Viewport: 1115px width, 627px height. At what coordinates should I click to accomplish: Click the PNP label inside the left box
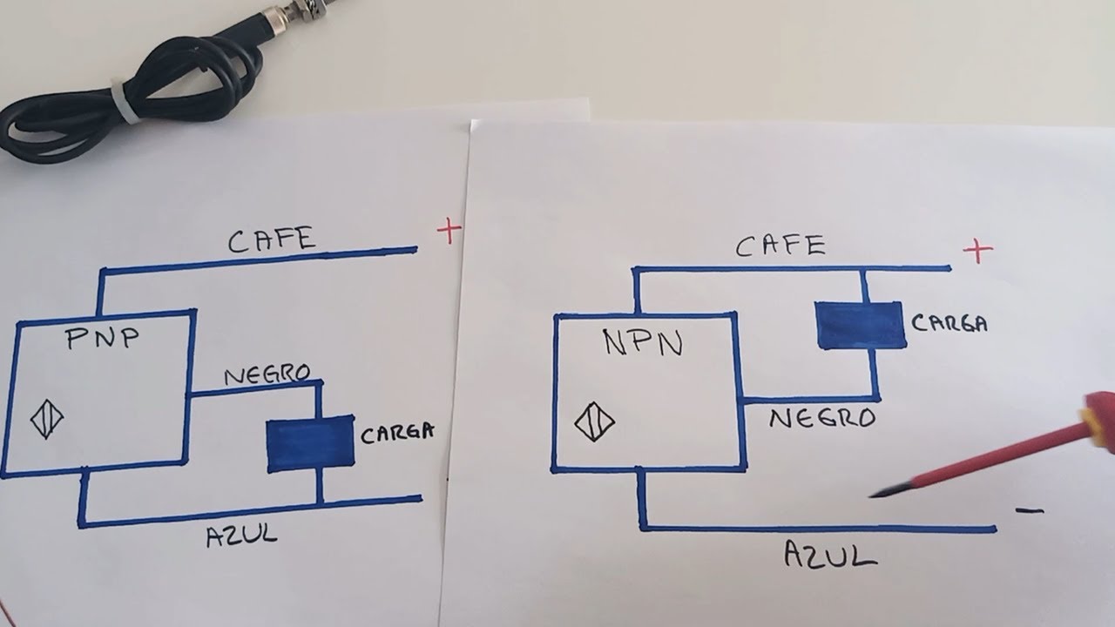pyautogui.click(x=103, y=339)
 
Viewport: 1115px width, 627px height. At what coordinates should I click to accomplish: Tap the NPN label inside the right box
pyautogui.click(x=644, y=343)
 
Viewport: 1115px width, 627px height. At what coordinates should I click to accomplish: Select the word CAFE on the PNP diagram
pyautogui.click(x=272, y=239)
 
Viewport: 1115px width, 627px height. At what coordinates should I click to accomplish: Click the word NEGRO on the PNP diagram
pyautogui.click(x=267, y=375)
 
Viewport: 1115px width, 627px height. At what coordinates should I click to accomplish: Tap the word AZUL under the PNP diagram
pyautogui.click(x=242, y=534)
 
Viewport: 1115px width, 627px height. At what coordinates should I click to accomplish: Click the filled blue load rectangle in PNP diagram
pyautogui.click(x=310, y=444)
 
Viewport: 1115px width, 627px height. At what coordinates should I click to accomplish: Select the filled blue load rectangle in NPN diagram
pyautogui.click(x=860, y=325)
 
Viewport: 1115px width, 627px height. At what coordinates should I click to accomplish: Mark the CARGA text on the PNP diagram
pyautogui.click(x=396, y=433)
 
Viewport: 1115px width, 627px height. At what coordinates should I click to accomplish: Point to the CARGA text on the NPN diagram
pyautogui.click(x=949, y=323)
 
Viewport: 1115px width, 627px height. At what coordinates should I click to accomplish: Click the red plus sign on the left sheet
pyautogui.click(x=449, y=231)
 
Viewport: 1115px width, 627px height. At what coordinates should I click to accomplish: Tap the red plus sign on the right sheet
pyautogui.click(x=977, y=252)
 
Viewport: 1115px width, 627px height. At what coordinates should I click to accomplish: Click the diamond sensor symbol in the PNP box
pyautogui.click(x=47, y=421)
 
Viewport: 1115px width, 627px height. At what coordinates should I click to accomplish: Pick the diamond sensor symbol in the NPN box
pyautogui.click(x=594, y=424)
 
